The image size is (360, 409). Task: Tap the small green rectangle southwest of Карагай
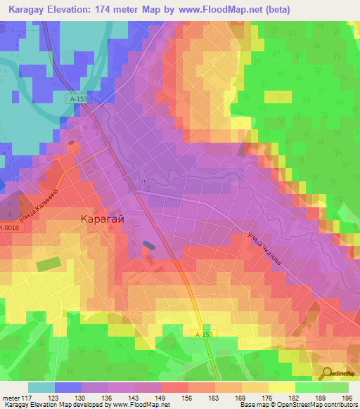(48, 265)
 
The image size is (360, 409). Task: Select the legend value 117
(27, 397)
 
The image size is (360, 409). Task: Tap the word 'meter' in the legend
(11, 397)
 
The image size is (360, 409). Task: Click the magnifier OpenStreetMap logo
(328, 373)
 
